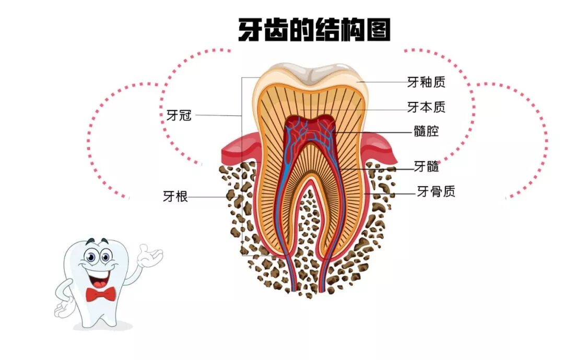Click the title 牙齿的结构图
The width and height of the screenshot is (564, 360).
tap(314, 30)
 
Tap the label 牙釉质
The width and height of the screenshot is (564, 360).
tap(426, 82)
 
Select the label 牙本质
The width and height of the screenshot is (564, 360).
tap(426, 107)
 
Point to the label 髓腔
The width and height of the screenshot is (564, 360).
tap(426, 131)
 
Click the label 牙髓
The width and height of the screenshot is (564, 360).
tap(426, 167)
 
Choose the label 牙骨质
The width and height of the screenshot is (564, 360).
tap(436, 192)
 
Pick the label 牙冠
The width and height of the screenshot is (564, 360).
tap(179, 115)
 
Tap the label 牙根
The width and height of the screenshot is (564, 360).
tap(175, 197)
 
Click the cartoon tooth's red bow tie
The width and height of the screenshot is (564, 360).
tap(101, 295)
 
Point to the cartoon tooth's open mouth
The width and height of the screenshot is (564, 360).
tap(98, 277)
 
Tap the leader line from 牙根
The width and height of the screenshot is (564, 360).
tap(209, 197)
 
